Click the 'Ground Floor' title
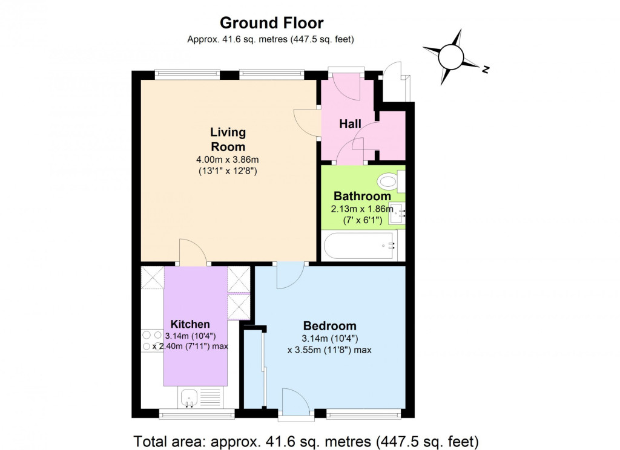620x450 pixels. coord(271,23)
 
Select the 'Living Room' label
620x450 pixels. coord(228,139)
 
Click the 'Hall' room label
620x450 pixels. coord(350,124)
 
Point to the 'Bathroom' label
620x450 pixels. coord(362,197)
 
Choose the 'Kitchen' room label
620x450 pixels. coord(190,324)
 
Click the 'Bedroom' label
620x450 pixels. coord(329,326)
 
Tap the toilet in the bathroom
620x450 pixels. coord(387,180)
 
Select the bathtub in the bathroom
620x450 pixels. coord(362,247)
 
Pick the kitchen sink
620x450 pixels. coord(191,398)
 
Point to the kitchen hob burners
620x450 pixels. coord(148,340)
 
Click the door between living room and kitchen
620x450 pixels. coord(192,253)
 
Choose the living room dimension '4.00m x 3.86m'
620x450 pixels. coord(228,160)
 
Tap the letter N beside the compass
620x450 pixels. coord(485,70)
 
